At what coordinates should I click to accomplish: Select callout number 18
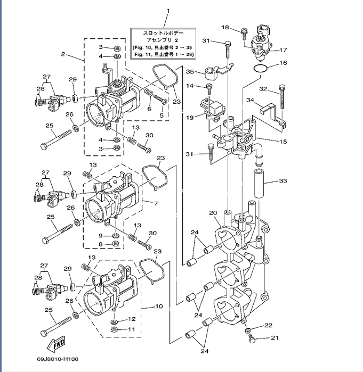(x=225, y=27)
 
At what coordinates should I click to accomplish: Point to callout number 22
(x=269, y=325)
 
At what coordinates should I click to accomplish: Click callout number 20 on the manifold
(x=213, y=213)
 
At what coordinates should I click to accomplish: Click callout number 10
(x=159, y=307)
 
